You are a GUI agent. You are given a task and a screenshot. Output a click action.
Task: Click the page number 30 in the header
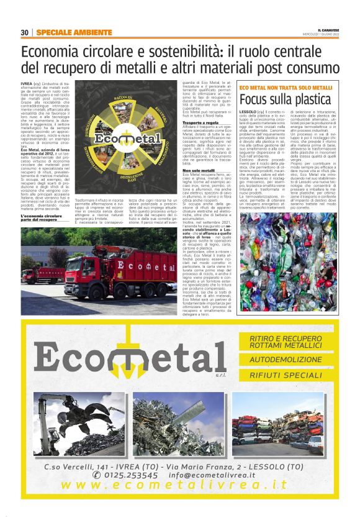click(24, 32)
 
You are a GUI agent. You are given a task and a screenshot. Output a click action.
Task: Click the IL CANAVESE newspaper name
click(327, 29)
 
